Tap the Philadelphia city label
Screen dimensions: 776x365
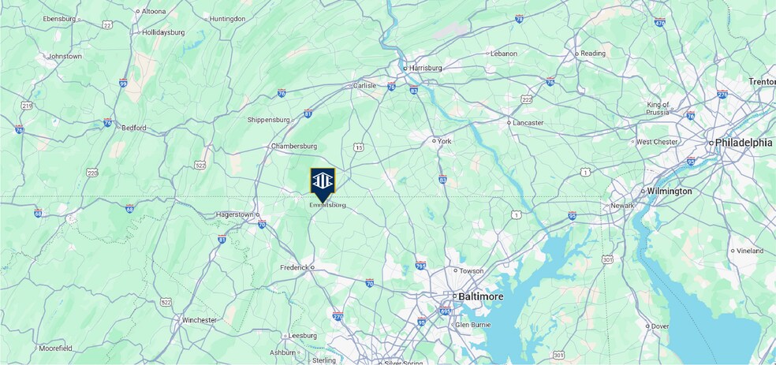click(x=744, y=143)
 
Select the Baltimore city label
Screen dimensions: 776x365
click(x=479, y=296)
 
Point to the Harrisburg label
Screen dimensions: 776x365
click(x=425, y=68)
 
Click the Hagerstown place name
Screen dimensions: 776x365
click(x=235, y=214)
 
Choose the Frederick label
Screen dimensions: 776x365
click(x=293, y=268)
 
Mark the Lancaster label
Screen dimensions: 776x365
click(x=528, y=123)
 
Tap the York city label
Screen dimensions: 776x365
click(x=444, y=141)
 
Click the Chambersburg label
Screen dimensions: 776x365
click(x=293, y=146)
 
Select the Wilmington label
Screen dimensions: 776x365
click(x=670, y=191)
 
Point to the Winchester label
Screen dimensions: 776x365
click(x=199, y=320)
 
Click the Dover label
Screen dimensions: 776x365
click(x=660, y=326)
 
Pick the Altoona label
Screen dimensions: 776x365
click(x=153, y=12)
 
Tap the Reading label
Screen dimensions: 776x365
click(x=593, y=54)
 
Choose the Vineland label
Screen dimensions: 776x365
click(x=749, y=251)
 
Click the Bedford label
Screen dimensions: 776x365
click(x=133, y=128)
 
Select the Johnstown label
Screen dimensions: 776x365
click(x=65, y=57)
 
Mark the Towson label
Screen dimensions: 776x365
click(x=471, y=270)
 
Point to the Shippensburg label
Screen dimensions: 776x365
click(x=269, y=120)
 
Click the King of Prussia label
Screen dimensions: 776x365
click(x=658, y=108)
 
